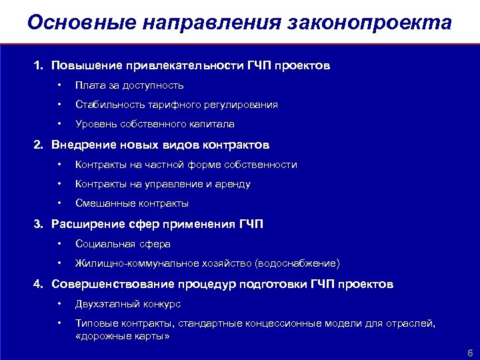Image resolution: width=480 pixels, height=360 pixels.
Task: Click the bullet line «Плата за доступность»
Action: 129,85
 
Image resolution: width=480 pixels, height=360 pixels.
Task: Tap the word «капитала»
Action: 211,124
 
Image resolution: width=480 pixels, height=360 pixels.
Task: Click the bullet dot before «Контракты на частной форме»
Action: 59,165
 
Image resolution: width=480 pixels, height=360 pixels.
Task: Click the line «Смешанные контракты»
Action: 132,203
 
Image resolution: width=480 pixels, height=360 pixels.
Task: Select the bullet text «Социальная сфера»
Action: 123,244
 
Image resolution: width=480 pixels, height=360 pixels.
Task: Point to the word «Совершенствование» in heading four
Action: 113,284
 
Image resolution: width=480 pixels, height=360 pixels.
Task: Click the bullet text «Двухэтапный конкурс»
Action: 128,304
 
